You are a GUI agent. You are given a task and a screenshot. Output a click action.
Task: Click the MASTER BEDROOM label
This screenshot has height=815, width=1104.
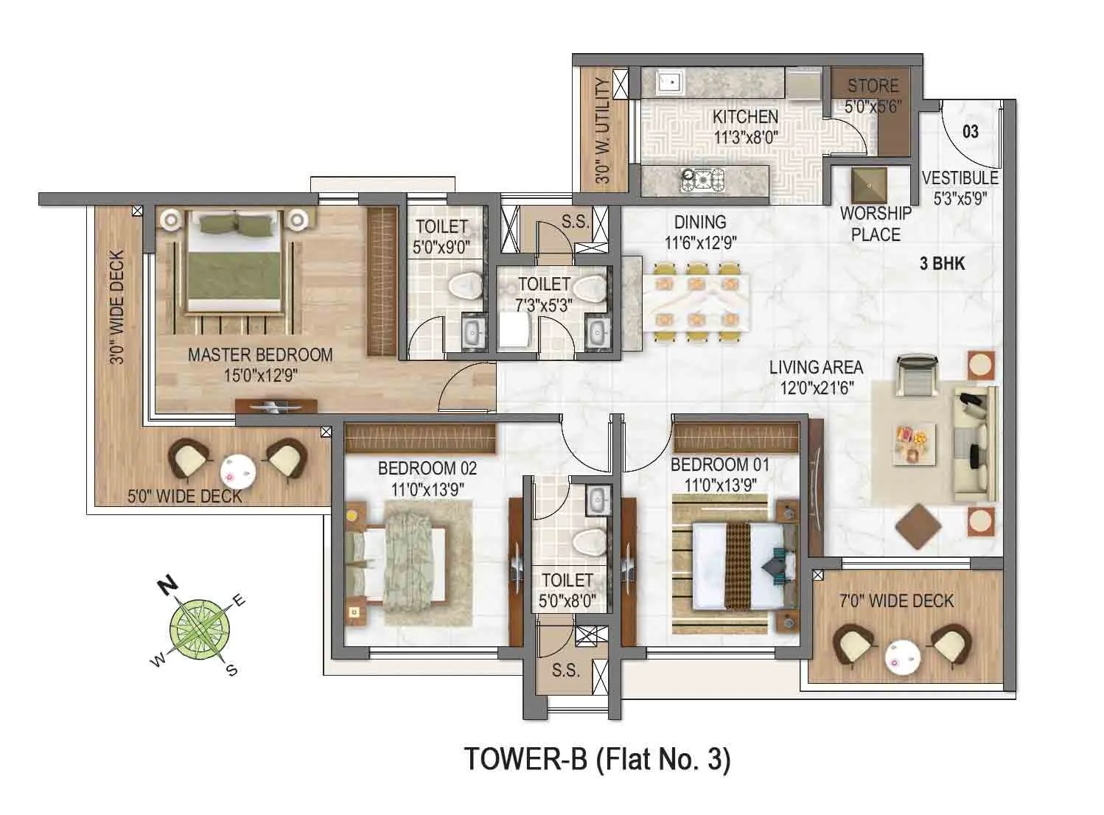coord(260,354)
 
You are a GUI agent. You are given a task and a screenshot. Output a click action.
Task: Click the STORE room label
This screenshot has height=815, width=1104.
coord(873,85)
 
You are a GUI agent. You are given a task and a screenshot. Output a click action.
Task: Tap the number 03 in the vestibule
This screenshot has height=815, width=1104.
coord(970,131)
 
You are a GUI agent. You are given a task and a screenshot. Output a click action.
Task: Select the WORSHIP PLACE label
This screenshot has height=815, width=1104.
coord(876,224)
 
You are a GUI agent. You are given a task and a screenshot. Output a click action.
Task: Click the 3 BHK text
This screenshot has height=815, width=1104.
coord(942,264)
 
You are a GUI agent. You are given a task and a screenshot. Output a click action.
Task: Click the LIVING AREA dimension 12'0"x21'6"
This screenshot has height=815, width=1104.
coord(817,388)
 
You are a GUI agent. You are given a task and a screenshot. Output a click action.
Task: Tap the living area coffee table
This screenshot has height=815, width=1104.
coord(915,444)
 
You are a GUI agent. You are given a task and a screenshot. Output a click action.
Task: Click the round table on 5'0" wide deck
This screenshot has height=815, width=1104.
coord(237,469)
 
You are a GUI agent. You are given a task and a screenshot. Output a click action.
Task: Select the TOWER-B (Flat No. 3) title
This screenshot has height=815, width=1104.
coord(596,760)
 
